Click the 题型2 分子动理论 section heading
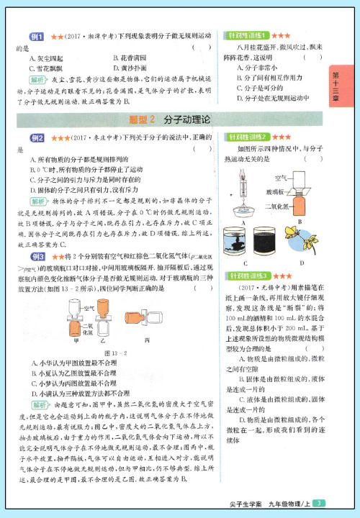point(166,118)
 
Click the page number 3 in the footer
point(320,502)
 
